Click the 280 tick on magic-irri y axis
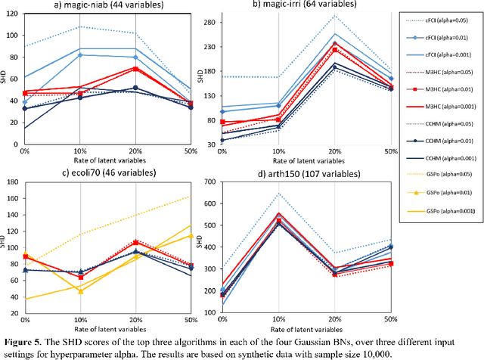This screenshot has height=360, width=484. [205, 20]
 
